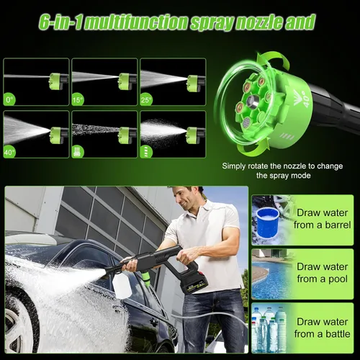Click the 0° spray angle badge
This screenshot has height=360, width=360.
point(9,99)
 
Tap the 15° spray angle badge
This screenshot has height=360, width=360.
point(78,99)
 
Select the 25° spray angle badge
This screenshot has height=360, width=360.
point(146,99)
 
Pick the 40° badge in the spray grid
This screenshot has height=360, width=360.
point(9,152)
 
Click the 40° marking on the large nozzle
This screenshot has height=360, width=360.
point(307,99)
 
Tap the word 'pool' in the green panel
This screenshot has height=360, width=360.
point(338,279)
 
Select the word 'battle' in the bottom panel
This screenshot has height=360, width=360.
point(338,334)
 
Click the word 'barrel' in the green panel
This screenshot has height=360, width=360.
point(338,225)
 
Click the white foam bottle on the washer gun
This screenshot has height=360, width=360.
point(122,286)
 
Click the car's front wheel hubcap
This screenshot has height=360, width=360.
point(17,330)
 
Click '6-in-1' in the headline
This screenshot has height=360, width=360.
point(60,22)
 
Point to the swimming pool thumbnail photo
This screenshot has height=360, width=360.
point(272,274)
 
